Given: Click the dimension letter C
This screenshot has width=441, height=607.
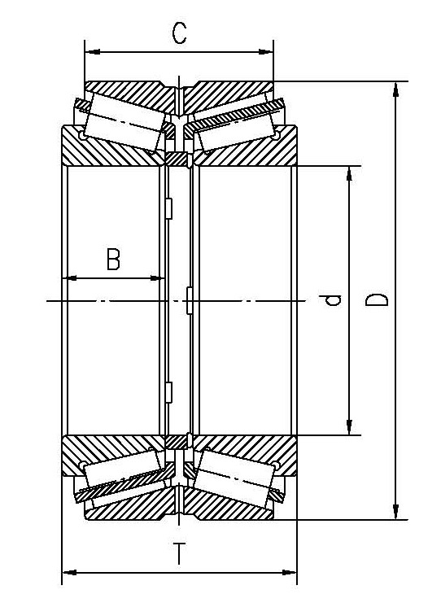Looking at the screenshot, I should coord(180,33).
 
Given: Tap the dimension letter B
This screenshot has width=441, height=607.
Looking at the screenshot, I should coord(113,260).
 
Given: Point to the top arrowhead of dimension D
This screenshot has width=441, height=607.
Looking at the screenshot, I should coord(396,87).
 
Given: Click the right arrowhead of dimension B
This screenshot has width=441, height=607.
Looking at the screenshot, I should coord(159,278).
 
